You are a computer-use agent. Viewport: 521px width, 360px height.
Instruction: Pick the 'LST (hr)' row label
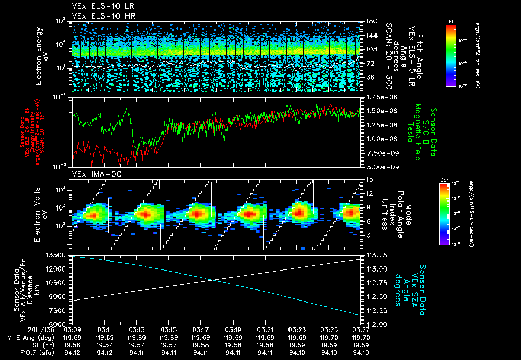36,345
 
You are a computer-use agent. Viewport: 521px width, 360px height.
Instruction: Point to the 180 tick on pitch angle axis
370,21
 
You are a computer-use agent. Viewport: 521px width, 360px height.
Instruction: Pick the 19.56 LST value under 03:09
73,345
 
